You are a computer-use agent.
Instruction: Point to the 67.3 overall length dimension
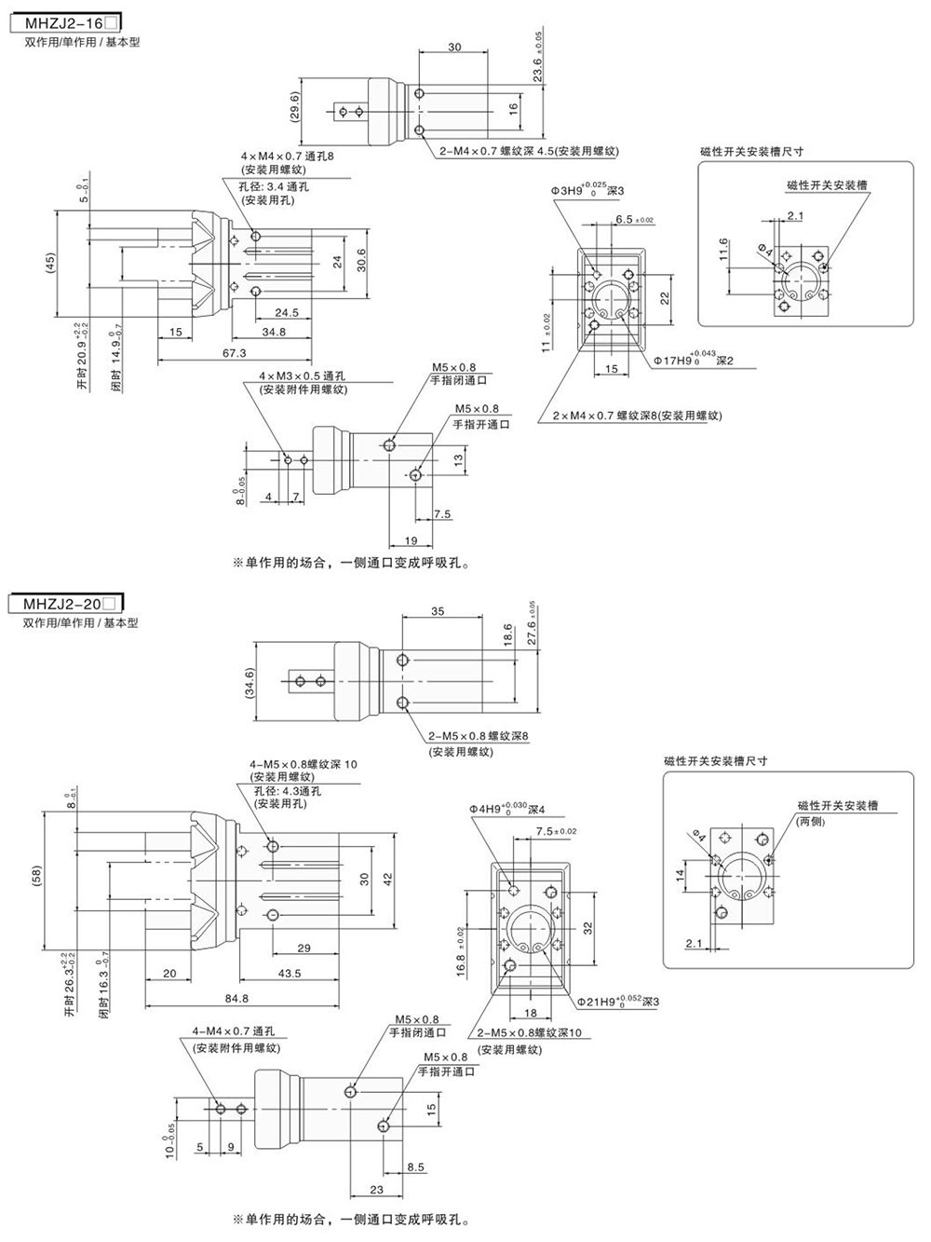coord(236,353)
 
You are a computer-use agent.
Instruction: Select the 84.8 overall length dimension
coord(237,1000)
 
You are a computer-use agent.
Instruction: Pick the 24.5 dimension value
coord(287,313)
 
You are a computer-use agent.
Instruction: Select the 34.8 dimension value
coord(274,332)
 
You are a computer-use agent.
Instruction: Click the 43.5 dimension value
coord(290,974)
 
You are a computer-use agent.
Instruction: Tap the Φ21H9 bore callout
coord(618,1002)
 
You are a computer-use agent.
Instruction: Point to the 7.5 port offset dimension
coord(442,514)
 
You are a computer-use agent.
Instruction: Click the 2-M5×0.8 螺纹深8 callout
coord(479,736)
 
